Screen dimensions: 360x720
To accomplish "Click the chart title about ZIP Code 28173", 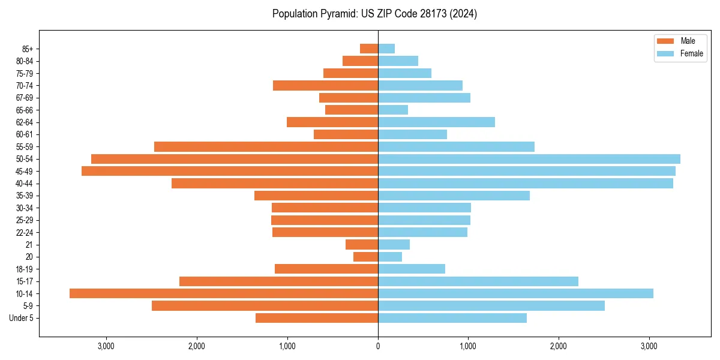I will point(374,14).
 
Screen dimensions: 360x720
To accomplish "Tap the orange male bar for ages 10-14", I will point(224,293).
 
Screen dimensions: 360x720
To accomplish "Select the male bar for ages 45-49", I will point(230,171).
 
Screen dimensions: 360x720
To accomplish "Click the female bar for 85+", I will point(386,49).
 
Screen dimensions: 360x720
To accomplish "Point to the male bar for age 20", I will point(365,257).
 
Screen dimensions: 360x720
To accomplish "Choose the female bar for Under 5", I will point(452,318).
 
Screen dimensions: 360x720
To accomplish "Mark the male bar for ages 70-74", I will point(325,85).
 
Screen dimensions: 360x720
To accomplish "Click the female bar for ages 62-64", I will point(436,122).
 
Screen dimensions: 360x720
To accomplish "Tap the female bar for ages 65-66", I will point(393,110).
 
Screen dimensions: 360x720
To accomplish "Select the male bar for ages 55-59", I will point(266,146).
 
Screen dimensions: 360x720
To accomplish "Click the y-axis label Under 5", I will point(22,318).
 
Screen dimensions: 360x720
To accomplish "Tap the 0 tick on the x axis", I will point(378,346).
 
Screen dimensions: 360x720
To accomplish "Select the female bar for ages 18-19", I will point(412,269).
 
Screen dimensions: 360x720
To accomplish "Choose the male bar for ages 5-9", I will point(265,306).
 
